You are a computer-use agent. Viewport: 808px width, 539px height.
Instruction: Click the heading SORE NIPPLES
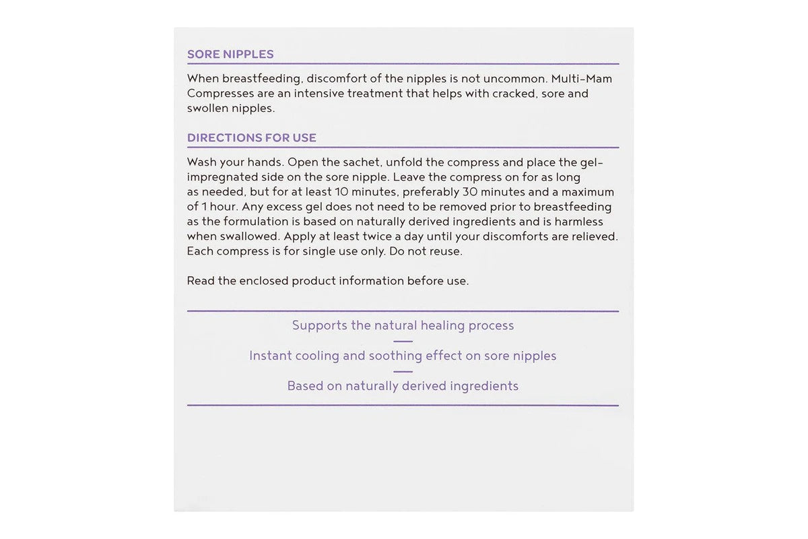click(x=230, y=55)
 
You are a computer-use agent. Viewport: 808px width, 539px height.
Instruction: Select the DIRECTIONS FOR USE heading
click(x=251, y=138)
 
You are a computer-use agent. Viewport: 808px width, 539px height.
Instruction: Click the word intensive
click(x=318, y=94)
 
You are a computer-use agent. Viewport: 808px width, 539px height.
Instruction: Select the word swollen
click(x=207, y=108)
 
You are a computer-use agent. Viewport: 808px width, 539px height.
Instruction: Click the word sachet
click(x=356, y=162)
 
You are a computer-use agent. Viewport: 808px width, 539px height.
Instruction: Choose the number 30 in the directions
click(x=469, y=192)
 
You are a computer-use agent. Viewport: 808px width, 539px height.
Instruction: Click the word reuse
click(x=444, y=251)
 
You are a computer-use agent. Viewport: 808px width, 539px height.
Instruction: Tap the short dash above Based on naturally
click(x=403, y=371)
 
